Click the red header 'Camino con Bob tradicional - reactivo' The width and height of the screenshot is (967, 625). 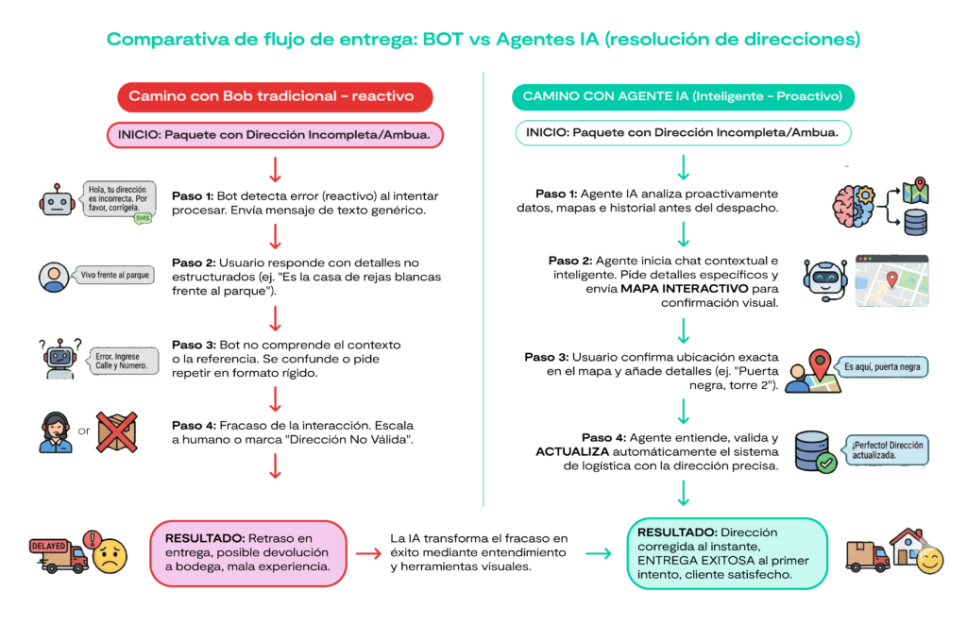click(x=275, y=96)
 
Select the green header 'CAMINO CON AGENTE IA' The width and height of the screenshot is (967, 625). click(x=683, y=96)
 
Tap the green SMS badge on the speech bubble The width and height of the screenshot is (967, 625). click(x=143, y=219)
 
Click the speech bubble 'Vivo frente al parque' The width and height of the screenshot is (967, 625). click(x=115, y=275)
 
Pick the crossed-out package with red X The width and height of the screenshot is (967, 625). click(x=117, y=431)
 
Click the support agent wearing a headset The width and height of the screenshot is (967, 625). click(x=56, y=432)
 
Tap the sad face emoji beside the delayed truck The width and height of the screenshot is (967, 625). click(x=109, y=554)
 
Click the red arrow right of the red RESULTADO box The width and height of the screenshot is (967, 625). click(x=368, y=553)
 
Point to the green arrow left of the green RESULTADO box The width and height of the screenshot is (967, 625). click(x=598, y=553)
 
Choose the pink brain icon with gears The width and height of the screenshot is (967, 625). click(x=855, y=202)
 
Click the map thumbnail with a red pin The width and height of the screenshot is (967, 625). click(x=891, y=280)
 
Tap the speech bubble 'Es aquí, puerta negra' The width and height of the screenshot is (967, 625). click(x=886, y=366)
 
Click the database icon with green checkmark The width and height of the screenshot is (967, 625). click(x=814, y=452)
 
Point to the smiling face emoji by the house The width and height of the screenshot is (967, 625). click(x=929, y=561)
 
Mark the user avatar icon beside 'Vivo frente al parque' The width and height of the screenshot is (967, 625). click(x=54, y=276)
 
